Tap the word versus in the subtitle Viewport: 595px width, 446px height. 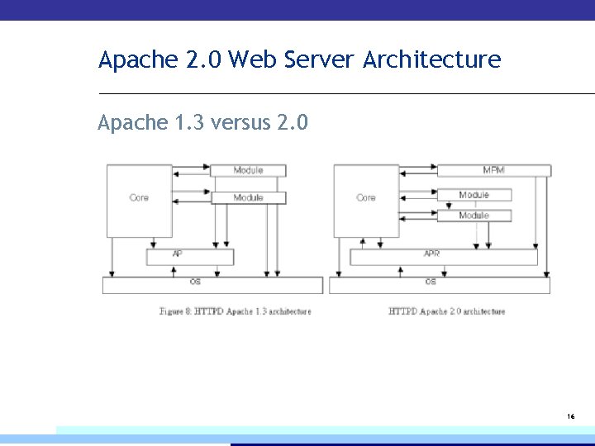pyautogui.click(x=241, y=123)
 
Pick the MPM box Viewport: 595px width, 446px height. pyautogui.click(x=493, y=170)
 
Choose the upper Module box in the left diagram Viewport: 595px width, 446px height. pyautogui.click(x=248, y=170)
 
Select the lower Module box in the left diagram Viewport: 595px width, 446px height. pyautogui.click(x=248, y=198)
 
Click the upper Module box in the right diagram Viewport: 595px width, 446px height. pyautogui.click(x=474, y=195)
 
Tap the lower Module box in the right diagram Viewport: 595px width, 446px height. pyautogui.click(x=474, y=216)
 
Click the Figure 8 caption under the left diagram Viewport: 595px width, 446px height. pyautogui.click(x=236, y=311)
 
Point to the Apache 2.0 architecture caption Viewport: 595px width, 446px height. pyautogui.click(x=446, y=311)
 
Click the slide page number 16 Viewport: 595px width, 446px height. pyautogui.click(x=571, y=417)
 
